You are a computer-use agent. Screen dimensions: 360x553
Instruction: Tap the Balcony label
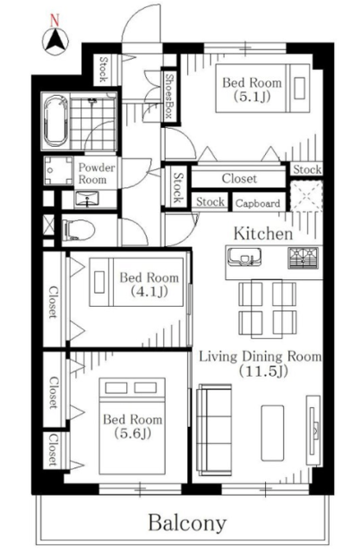(186, 524)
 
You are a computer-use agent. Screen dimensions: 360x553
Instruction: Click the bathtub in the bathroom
(55, 121)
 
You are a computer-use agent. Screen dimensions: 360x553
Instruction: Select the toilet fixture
(79, 231)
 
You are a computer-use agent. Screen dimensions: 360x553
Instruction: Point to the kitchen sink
(244, 257)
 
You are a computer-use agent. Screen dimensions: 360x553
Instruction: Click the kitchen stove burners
(303, 257)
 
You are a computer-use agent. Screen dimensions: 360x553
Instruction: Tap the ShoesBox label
(170, 96)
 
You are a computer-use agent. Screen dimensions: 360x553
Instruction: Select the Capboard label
(258, 203)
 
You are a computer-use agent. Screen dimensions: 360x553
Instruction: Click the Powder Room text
(96, 173)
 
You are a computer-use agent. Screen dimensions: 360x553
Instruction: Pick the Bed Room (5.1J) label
(252, 89)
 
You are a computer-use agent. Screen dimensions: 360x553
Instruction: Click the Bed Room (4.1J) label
(149, 284)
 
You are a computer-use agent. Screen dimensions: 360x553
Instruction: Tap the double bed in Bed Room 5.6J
(132, 426)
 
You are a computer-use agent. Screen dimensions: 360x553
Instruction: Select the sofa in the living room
(214, 429)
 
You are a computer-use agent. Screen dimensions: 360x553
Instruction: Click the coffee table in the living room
(272, 432)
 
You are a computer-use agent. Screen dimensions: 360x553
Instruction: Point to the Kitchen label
(263, 234)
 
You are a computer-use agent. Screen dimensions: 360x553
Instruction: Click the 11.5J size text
(263, 371)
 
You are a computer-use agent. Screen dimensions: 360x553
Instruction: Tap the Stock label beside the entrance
(104, 69)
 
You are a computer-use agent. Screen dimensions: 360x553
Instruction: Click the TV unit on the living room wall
(313, 430)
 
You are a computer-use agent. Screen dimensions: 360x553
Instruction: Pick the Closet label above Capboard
(239, 179)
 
